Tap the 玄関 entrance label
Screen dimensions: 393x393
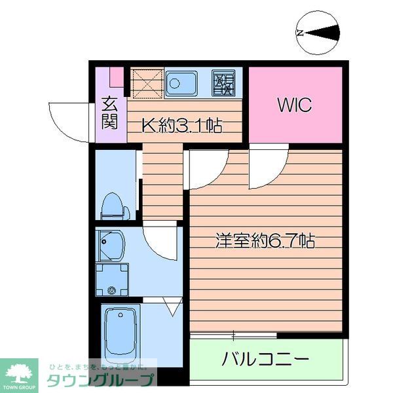click(110, 112)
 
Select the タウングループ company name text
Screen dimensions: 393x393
click(101, 379)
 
